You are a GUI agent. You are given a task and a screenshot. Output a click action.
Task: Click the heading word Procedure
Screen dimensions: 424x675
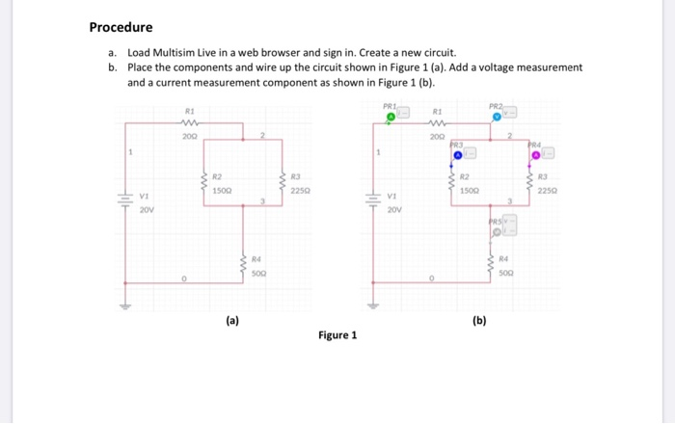(x=121, y=27)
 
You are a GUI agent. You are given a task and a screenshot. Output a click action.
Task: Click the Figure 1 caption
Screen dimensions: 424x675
(x=337, y=334)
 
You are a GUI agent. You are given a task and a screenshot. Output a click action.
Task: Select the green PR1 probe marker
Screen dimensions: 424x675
(x=390, y=118)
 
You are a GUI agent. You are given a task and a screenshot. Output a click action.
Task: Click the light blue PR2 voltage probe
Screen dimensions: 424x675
(x=497, y=116)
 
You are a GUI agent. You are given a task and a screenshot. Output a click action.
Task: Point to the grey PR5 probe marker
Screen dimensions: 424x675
(x=498, y=232)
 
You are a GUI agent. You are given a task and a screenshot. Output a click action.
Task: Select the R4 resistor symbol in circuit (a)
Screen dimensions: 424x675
(x=244, y=266)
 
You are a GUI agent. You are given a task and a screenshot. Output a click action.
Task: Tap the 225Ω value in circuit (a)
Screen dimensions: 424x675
(x=299, y=189)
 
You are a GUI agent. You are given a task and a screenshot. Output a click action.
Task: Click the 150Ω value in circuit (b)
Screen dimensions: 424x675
(x=470, y=191)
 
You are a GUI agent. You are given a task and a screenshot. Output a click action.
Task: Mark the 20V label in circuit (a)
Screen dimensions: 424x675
(x=146, y=207)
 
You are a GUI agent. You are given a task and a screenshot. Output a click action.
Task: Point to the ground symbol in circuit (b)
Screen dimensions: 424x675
(x=375, y=307)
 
